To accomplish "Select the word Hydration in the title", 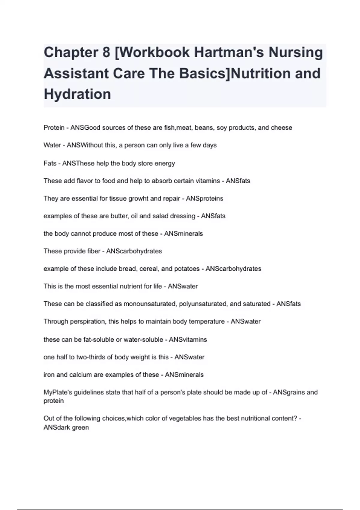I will pyautogui.click(x=77, y=94).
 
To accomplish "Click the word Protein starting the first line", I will pyautogui.click(x=54, y=127).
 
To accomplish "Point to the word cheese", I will pyautogui.click(x=281, y=127).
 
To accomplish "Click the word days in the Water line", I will pyautogui.click(x=209, y=145).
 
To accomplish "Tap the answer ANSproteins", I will pyautogui.click(x=205, y=198).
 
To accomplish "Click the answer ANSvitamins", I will pyautogui.click(x=188, y=340).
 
